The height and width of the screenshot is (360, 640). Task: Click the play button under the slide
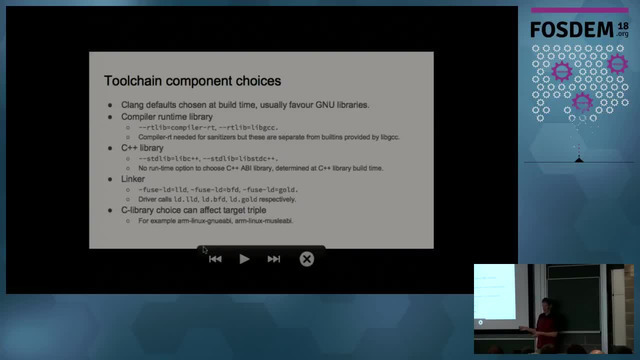(x=244, y=259)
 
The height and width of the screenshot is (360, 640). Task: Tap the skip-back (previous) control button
(x=215, y=259)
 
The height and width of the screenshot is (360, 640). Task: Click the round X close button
(x=307, y=259)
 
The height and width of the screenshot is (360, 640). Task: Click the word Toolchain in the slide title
(x=138, y=79)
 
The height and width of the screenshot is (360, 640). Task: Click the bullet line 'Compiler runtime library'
(x=168, y=117)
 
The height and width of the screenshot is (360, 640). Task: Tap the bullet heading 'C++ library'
(x=142, y=148)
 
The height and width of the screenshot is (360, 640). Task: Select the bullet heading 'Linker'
(x=133, y=179)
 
